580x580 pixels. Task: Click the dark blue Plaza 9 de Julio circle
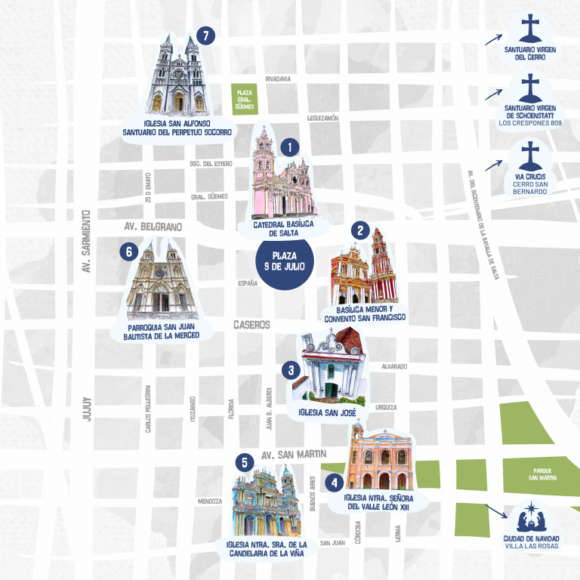pyautogui.click(x=284, y=265)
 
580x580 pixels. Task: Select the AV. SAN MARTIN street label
pyautogui.click(x=293, y=455)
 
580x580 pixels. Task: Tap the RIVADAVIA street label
pyautogui.click(x=278, y=79)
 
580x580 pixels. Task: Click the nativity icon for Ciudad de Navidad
pyautogui.click(x=531, y=520)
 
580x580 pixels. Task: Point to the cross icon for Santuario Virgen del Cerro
pyautogui.click(x=531, y=29)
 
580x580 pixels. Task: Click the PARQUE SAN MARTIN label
pyautogui.click(x=543, y=474)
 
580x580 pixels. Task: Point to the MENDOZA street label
pyautogui.click(x=209, y=501)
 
